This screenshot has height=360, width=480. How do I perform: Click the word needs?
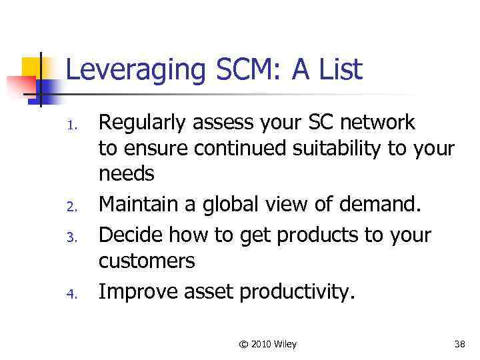[x=127, y=175]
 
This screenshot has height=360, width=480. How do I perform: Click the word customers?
[x=147, y=261]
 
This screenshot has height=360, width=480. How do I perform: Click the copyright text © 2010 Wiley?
[x=267, y=344]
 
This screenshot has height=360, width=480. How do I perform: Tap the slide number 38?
[x=459, y=344]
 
